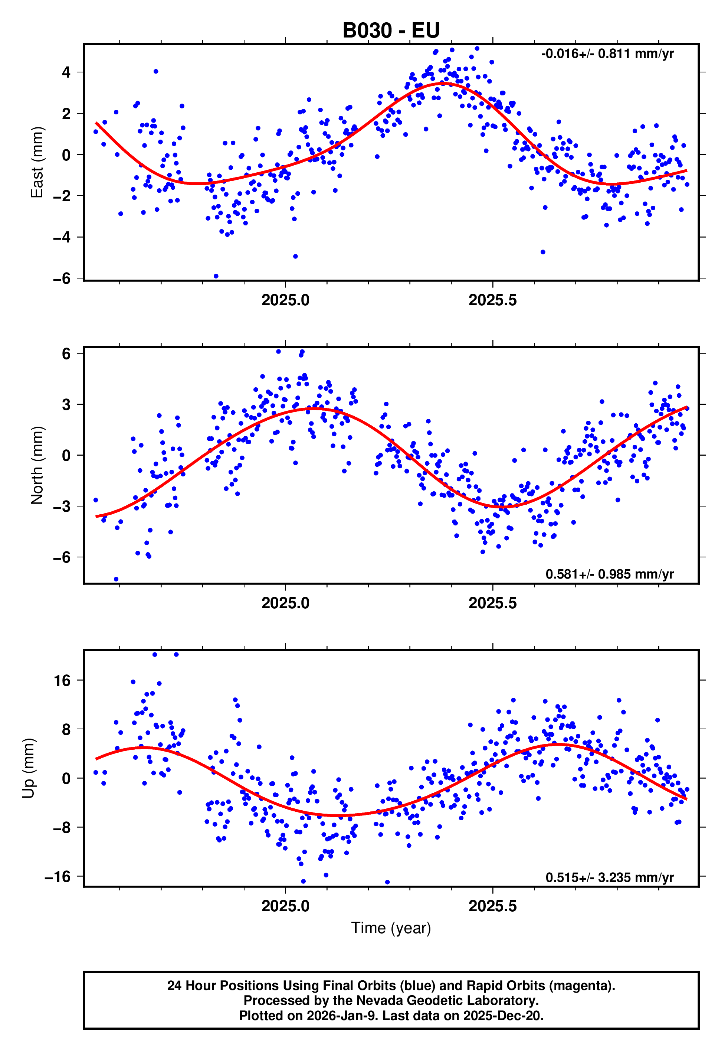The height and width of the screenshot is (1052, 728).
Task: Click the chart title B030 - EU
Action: click(391, 30)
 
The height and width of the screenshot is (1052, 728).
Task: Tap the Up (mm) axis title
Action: click(28, 768)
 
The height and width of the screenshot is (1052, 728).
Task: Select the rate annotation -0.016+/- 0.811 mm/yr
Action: click(607, 54)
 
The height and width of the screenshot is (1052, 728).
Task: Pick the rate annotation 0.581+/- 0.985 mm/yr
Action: click(609, 574)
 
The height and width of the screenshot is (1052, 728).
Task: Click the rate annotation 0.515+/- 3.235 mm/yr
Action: click(609, 877)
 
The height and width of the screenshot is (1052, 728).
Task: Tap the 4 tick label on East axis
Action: click(66, 72)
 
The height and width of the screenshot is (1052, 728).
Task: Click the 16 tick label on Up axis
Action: click(62, 681)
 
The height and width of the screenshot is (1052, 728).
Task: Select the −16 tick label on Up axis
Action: click(58, 876)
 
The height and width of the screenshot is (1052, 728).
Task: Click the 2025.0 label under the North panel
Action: click(286, 603)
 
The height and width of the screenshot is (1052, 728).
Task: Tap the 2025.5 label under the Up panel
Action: click(493, 906)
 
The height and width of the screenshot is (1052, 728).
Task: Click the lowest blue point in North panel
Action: click(116, 579)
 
